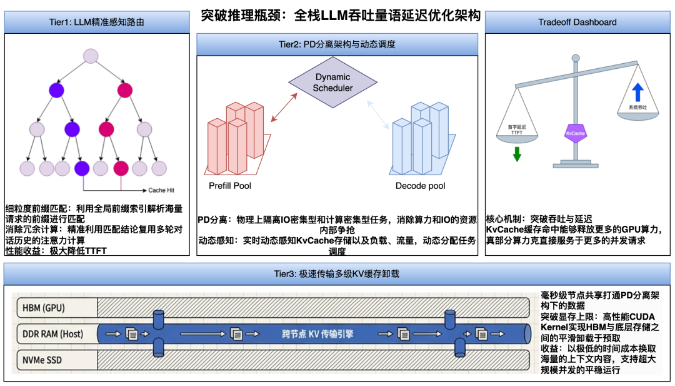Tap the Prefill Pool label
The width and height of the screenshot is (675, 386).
(x=230, y=186)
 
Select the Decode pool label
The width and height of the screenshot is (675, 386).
(x=420, y=186)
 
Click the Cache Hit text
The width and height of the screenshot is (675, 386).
(x=165, y=190)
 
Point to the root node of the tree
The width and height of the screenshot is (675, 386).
(x=91, y=56)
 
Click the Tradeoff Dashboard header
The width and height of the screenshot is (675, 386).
(x=577, y=23)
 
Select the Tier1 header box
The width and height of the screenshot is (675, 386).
(x=97, y=23)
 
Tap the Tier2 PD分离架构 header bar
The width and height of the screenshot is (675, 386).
(x=337, y=44)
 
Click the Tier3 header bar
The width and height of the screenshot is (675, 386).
(x=337, y=273)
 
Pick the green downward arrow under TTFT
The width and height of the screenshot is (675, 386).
(x=517, y=153)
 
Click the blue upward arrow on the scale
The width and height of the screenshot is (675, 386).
(x=637, y=93)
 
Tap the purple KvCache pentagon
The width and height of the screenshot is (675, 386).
(x=575, y=133)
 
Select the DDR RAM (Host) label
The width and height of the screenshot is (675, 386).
(x=52, y=333)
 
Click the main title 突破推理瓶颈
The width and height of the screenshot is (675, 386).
(x=341, y=15)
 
